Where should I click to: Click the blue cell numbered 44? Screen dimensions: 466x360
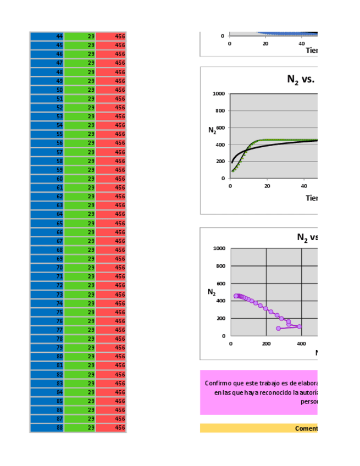47,36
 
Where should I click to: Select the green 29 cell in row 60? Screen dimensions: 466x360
80,179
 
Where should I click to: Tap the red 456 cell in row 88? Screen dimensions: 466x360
112,428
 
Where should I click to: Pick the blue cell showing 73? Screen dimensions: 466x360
47,295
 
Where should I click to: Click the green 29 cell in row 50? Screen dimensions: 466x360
80,90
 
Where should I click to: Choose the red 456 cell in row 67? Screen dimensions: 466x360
112,241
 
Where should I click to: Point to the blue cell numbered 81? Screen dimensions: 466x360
47,365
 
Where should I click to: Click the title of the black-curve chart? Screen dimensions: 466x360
300,80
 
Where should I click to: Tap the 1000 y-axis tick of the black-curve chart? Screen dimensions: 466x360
218,94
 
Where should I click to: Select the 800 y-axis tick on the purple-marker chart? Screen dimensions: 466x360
220,267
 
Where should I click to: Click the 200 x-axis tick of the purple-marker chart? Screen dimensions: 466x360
266,343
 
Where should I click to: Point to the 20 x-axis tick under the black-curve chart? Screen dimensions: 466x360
267,186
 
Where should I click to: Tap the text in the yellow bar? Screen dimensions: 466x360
306,429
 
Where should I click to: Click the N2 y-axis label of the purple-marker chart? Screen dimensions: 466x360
212,292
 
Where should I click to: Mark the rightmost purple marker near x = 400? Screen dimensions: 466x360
299,326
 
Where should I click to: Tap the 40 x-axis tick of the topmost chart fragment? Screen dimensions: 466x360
302,43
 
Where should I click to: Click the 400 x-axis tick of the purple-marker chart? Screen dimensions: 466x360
302,343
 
